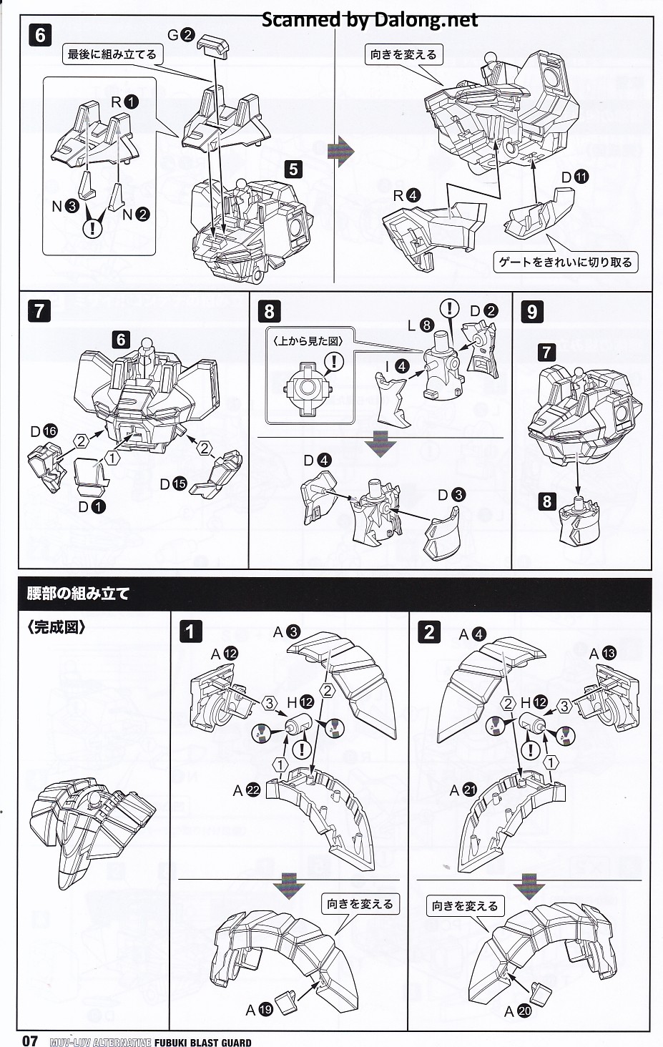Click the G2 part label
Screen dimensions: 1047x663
180,34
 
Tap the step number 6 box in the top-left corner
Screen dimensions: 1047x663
40,35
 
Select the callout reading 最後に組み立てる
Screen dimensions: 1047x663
112,54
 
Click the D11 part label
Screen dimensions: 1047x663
574,177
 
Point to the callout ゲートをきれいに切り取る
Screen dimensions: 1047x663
565,262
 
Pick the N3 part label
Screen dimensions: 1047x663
64,207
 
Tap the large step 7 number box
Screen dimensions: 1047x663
39,311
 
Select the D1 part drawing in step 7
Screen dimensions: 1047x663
91,474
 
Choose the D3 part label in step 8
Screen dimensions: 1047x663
451,494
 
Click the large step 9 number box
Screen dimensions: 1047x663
531,311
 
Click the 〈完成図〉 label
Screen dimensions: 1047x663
57,627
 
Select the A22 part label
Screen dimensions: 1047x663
246,790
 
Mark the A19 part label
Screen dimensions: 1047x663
259,1010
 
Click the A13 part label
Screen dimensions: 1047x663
602,654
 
